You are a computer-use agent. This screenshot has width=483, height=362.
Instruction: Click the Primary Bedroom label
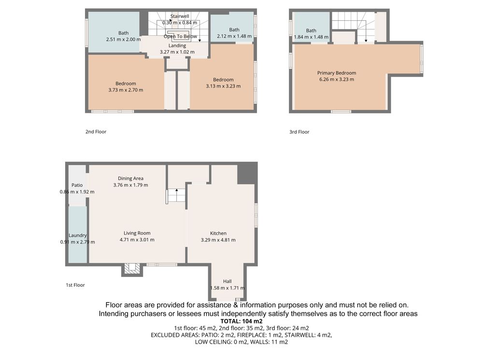pos(337,73)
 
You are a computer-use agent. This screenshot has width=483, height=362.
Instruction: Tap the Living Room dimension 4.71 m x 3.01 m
pos(137,240)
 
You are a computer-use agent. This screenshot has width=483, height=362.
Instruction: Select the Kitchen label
pos(218,233)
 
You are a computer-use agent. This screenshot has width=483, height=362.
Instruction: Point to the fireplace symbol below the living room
pos(132,269)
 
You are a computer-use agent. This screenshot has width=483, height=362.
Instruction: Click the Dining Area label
pos(130,178)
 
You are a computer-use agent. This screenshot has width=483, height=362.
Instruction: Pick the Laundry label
pos(78,236)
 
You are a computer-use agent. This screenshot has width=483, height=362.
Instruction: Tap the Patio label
pos(77,185)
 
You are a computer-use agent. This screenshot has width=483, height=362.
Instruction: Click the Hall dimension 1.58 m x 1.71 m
pos(227,288)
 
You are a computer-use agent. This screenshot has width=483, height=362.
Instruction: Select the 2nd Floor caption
pos(96,132)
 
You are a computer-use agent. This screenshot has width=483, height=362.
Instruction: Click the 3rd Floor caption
pos(299,132)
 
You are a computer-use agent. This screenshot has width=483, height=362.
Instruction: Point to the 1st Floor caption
pos(75,285)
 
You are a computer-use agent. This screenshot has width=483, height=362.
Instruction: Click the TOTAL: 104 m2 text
pos(241,321)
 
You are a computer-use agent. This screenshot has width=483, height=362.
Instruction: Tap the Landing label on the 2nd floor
pos(177,45)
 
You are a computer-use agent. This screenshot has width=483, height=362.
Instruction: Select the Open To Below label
pos(180,36)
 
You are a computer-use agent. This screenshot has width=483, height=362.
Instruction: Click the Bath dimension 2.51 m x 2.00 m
pos(123,40)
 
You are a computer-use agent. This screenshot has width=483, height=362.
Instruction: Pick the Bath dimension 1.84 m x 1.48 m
pos(311,37)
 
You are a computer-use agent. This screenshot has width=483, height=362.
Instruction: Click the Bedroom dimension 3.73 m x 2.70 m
pos(126,90)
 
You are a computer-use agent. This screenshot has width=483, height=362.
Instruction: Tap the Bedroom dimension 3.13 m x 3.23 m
pos(223,86)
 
